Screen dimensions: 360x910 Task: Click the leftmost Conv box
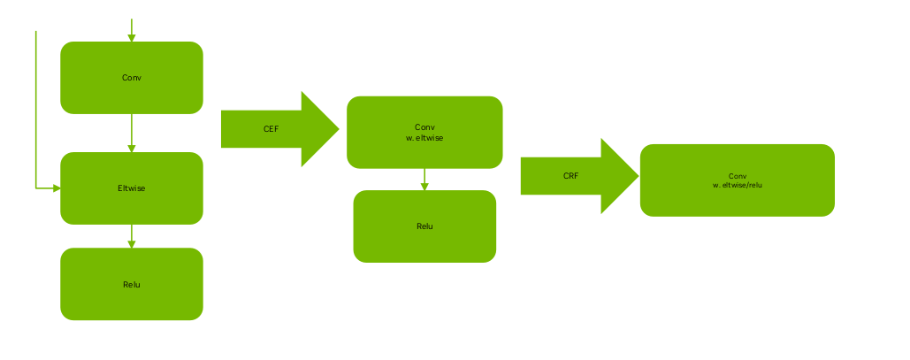point(131,78)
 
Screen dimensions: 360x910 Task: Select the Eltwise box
point(131,188)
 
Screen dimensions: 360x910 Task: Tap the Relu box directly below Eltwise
point(131,284)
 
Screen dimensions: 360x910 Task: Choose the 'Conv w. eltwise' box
point(424,132)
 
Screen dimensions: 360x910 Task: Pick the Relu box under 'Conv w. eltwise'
point(424,226)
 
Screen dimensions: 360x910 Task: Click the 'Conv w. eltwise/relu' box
point(737,180)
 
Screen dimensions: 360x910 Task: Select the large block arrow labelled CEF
point(279,129)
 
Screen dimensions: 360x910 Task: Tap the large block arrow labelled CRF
point(578,176)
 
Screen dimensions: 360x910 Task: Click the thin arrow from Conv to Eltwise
point(132,133)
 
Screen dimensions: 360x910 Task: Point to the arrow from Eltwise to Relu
point(132,236)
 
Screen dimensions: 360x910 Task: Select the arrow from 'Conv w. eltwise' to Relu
point(424,180)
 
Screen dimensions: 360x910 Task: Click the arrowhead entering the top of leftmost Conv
point(132,37)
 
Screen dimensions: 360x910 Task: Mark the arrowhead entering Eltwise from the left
point(56,188)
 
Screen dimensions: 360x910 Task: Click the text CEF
point(271,129)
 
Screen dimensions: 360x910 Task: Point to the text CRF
point(570,176)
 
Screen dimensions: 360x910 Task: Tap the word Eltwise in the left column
point(131,188)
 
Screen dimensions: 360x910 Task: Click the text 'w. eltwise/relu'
point(737,185)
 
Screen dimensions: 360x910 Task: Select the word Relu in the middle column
point(424,226)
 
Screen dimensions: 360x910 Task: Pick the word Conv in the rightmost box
point(737,175)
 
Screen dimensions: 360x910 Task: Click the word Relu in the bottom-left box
point(131,284)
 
